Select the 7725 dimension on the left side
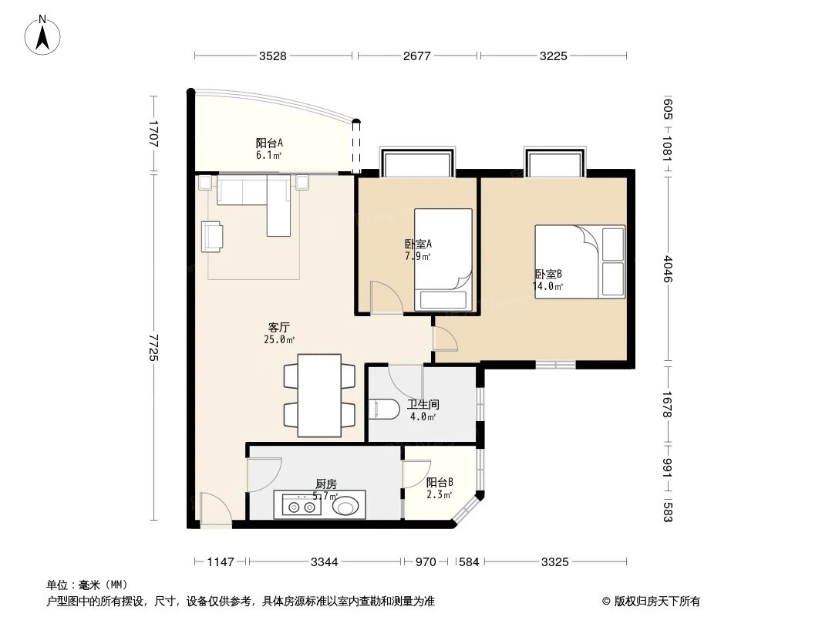point(153,348)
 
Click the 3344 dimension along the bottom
point(324,562)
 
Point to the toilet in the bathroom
point(382,409)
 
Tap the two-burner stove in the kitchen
point(302,507)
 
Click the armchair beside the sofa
point(213,236)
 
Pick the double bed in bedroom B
point(579,261)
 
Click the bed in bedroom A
point(443,259)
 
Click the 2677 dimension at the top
point(417,56)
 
